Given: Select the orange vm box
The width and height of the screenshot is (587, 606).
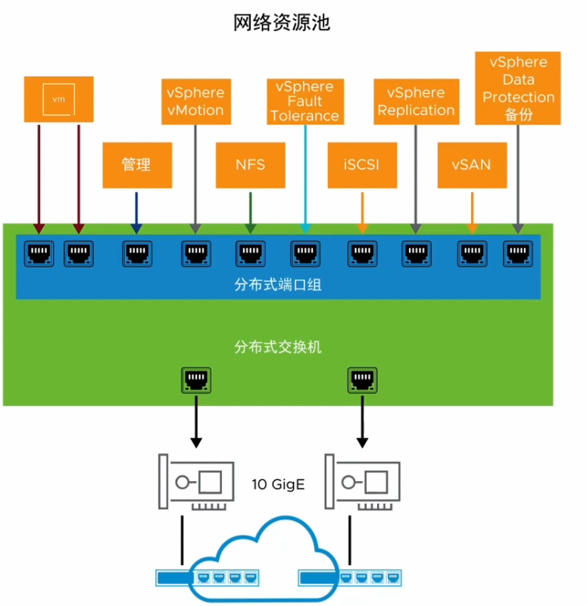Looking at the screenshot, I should pyautogui.click(x=58, y=99).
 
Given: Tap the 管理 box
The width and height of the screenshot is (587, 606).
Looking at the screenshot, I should pyautogui.click(x=136, y=164).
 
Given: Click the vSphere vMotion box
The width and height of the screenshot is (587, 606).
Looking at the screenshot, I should pyautogui.click(x=195, y=101).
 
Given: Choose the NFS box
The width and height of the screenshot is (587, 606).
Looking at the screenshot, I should pyautogui.click(x=251, y=164).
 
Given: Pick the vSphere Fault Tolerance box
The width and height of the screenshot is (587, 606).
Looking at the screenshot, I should pyautogui.click(x=304, y=101).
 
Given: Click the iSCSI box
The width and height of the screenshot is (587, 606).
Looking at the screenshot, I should pyautogui.click(x=363, y=164).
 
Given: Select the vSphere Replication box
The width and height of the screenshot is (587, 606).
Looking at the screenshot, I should pyautogui.click(x=416, y=101).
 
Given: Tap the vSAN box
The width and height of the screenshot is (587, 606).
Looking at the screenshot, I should pyautogui.click(x=472, y=164).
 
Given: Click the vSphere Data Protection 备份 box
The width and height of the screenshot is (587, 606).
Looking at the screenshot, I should pyautogui.click(x=518, y=89).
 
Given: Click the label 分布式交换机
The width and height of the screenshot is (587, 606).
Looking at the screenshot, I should pyautogui.click(x=278, y=346).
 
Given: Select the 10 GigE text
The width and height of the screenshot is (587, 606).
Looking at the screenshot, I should pyautogui.click(x=278, y=483).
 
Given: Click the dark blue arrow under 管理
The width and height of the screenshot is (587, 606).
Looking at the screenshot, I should pyautogui.click(x=136, y=211).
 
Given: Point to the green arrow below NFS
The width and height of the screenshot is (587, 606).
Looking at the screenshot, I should pyautogui.click(x=251, y=211).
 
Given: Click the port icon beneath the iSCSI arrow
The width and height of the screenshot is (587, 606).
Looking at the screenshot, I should pyautogui.click(x=362, y=253).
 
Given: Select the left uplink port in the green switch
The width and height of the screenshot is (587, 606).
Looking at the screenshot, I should pyautogui.click(x=196, y=380).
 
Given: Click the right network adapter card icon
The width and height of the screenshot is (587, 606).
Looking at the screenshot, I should pyautogui.click(x=362, y=483).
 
